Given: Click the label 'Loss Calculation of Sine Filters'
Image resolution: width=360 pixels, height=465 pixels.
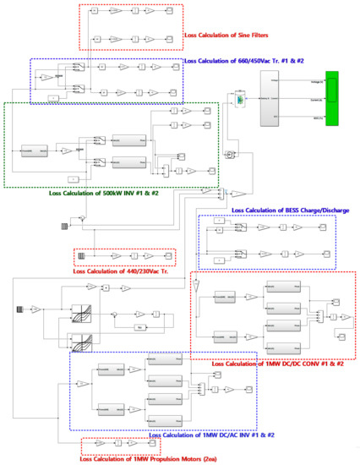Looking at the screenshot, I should pyautogui.click(x=232, y=36).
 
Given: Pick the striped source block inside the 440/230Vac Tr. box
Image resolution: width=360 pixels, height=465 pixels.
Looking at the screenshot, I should pyautogui.click(x=82, y=256).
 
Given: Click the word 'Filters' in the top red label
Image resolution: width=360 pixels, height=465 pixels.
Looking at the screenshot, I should pyautogui.click(x=268, y=36).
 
